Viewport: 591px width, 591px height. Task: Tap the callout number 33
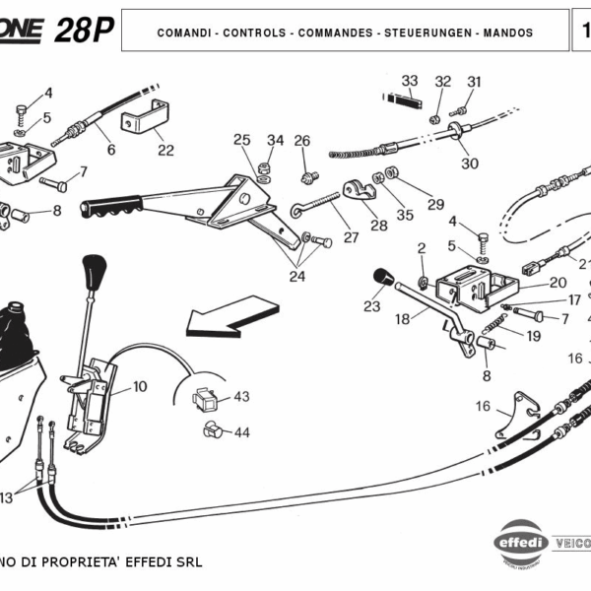point(410,80)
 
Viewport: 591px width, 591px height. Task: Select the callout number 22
point(165,151)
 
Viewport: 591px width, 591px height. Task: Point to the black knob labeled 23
point(382,277)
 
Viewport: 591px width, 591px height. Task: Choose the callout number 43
point(241,397)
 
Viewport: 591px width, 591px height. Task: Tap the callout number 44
point(241,432)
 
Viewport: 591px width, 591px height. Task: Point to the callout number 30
point(470,164)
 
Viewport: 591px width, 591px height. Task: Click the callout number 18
point(402,320)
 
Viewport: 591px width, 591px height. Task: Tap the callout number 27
point(351,237)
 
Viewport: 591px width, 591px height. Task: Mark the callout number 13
point(6,496)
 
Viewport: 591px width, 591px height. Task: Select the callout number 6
point(111,150)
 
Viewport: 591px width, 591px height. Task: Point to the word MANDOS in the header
point(509,33)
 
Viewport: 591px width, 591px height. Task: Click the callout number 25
point(242,140)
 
